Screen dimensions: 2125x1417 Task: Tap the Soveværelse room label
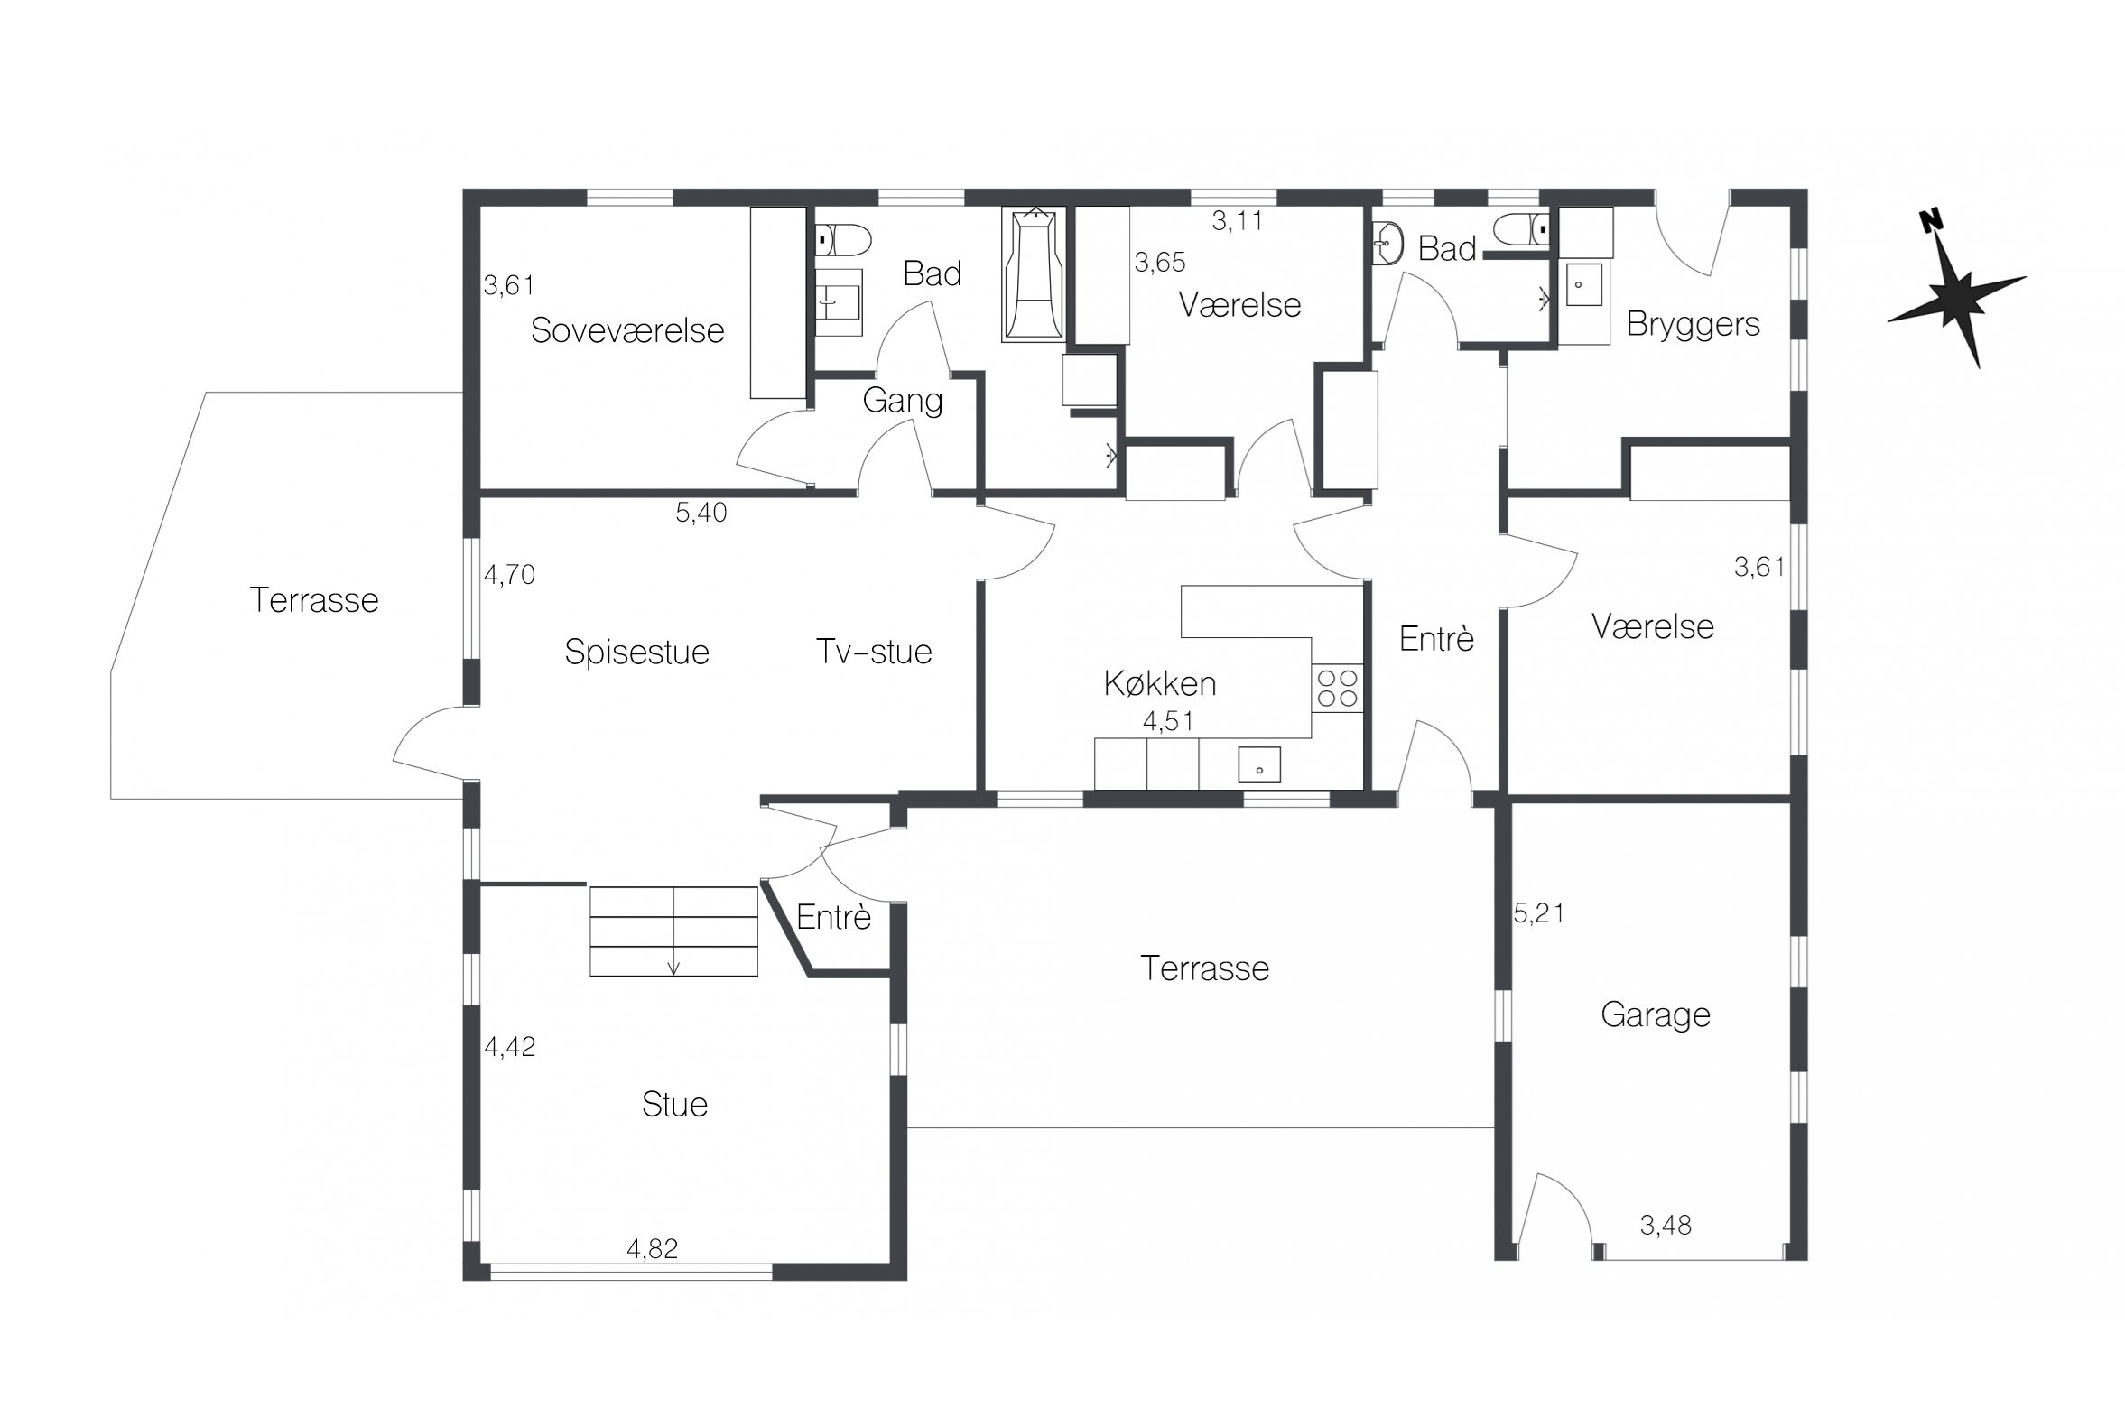pyautogui.click(x=627, y=330)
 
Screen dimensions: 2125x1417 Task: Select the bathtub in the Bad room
pyautogui.click(x=1033, y=273)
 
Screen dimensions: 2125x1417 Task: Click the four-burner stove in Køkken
pyautogui.click(x=1337, y=688)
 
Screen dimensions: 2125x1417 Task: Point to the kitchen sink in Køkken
pyautogui.click(x=1259, y=764)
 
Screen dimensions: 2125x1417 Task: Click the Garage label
pyautogui.click(x=1655, y=1014)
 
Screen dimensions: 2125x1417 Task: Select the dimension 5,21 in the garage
pyautogui.click(x=1538, y=913)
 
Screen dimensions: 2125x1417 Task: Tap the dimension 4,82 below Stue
pyautogui.click(x=652, y=1248)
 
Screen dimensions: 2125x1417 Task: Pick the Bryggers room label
pyautogui.click(x=1693, y=324)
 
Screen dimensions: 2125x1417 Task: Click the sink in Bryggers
pyautogui.click(x=1584, y=284)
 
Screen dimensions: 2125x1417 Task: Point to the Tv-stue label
pyautogui.click(x=873, y=652)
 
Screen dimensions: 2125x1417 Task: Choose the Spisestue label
pyautogui.click(x=636, y=653)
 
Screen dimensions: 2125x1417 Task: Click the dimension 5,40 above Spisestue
pyautogui.click(x=701, y=513)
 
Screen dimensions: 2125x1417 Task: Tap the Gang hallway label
pyautogui.click(x=902, y=401)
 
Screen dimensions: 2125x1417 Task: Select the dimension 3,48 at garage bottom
pyautogui.click(x=1665, y=1226)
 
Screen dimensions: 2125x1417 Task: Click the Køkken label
pyautogui.click(x=1160, y=683)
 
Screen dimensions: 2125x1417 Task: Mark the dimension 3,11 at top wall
pyautogui.click(x=1237, y=220)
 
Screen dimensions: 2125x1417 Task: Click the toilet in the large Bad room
pyautogui.click(x=843, y=240)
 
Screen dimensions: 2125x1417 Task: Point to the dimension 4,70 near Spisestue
pyautogui.click(x=509, y=575)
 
